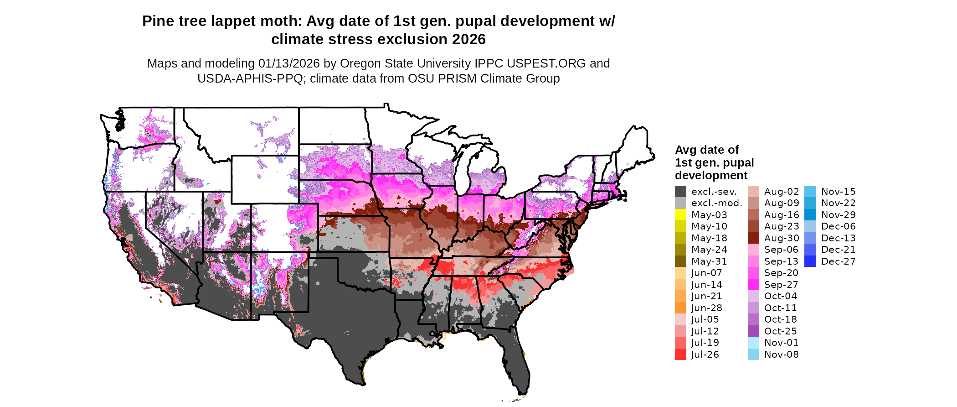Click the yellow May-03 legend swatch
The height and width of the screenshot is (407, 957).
tap(680, 215)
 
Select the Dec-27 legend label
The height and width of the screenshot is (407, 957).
tap(838, 261)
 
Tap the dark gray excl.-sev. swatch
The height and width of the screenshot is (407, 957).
tap(680, 192)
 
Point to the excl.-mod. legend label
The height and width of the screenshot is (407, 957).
tap(716, 203)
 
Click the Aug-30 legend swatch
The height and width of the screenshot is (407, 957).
tap(753, 238)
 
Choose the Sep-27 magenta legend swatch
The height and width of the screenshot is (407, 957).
tap(753, 285)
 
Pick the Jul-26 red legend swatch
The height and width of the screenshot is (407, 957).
tap(680, 355)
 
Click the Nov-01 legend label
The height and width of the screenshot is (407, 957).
tap(781, 343)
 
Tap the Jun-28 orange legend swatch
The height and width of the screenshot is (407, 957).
tap(680, 308)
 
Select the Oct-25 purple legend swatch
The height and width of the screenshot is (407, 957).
tap(753, 331)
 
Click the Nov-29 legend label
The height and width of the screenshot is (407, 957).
tap(838, 215)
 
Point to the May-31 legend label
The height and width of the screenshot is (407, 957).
tap(709, 261)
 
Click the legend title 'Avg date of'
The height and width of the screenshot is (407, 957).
tap(706, 150)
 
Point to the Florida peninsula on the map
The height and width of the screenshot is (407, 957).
tap(517, 360)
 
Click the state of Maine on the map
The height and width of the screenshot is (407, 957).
tap(636, 146)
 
